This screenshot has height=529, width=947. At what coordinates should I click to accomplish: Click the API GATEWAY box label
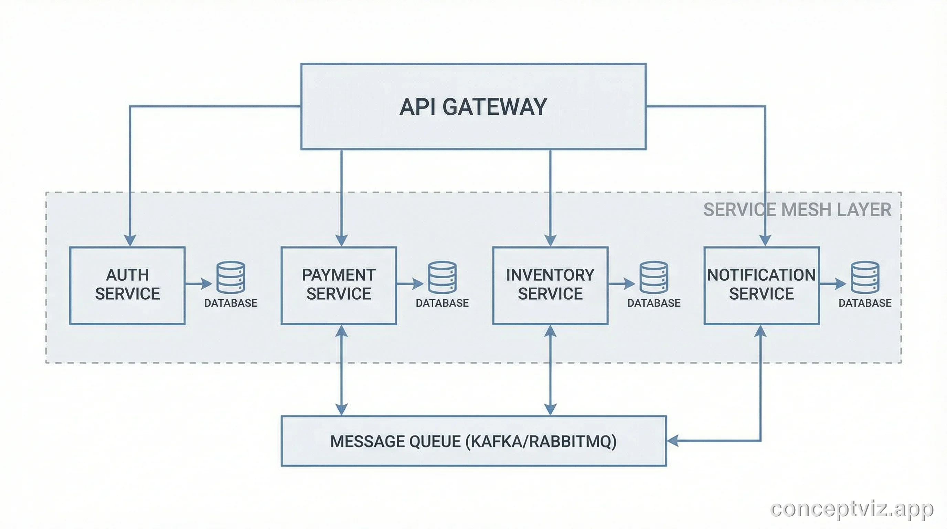[473, 107]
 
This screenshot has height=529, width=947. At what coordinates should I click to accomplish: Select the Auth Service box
[127, 285]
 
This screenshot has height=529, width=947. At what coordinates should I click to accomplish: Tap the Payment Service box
[339, 285]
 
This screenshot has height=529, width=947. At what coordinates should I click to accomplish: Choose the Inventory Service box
[550, 285]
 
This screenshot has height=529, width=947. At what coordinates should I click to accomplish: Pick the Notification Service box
[761, 285]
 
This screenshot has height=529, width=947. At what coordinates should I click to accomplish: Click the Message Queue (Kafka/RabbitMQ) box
[473, 441]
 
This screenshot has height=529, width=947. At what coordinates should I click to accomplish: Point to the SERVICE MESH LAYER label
[797, 210]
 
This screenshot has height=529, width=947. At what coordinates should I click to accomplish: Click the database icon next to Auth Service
[231, 277]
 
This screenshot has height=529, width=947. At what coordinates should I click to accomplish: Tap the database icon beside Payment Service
[442, 277]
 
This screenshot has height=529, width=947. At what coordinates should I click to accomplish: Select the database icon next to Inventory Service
[653, 277]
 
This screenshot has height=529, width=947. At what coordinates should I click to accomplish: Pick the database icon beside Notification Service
[865, 277]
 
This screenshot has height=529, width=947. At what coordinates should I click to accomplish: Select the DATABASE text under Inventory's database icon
[653, 303]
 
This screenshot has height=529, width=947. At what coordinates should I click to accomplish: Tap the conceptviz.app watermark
[851, 509]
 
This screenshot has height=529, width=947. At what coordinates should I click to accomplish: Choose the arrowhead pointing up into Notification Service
[760, 331]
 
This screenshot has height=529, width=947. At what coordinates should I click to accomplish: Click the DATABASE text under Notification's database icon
[865, 303]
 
